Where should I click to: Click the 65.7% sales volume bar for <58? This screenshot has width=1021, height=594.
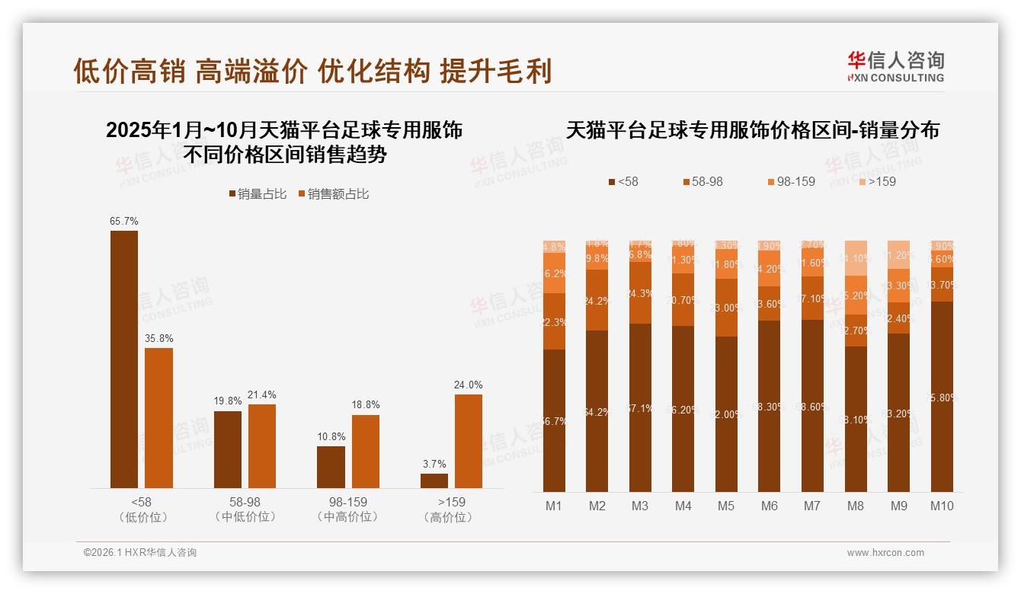point(124,359)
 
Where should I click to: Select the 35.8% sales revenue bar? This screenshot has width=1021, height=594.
point(158,418)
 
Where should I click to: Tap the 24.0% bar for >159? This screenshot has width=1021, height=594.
point(468,441)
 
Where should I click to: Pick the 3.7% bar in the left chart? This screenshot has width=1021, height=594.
point(434,481)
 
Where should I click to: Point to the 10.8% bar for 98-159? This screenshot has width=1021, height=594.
point(331,467)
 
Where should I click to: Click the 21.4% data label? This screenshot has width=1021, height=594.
point(262,394)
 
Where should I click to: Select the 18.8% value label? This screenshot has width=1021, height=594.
point(366,404)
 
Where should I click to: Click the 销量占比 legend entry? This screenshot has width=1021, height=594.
point(258,194)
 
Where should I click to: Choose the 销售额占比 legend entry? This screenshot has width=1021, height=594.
point(333,194)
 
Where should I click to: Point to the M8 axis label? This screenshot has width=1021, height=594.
point(856,506)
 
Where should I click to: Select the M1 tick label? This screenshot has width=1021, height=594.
point(554,506)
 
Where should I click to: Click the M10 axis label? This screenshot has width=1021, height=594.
point(942,506)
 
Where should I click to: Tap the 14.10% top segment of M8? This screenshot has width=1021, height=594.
point(856,258)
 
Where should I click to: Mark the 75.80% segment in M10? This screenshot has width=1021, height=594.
point(942,396)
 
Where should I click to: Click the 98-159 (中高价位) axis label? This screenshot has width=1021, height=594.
point(347,509)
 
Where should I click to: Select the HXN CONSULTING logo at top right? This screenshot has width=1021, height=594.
point(895,67)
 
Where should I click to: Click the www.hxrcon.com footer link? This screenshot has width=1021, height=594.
point(885,553)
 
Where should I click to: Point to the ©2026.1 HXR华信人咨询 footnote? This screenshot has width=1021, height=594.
point(140,553)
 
